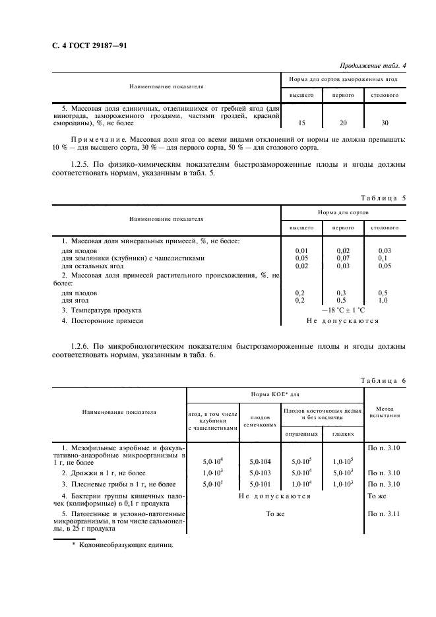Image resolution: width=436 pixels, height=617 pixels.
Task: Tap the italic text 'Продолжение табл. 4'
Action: [x=373, y=65]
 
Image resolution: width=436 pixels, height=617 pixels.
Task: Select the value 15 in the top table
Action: [x=301, y=123]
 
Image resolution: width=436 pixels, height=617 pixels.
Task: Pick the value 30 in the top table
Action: [x=384, y=123]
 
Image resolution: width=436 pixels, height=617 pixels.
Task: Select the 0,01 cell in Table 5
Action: [x=301, y=250]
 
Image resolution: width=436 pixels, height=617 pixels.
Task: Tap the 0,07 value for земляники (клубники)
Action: [x=343, y=258]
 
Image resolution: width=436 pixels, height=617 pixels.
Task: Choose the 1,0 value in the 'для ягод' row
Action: [x=384, y=300]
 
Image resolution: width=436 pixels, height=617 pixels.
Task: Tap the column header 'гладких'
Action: [x=343, y=434]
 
